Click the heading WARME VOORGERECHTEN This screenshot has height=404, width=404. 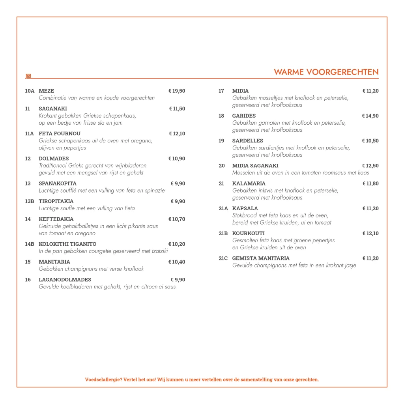326,72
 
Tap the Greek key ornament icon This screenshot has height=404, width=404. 28,76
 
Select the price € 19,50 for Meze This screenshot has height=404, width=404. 177,91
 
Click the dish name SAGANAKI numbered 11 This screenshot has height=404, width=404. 53,109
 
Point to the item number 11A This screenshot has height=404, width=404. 30,134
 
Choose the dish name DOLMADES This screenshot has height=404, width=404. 54,159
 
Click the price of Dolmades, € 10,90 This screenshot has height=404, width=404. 177,159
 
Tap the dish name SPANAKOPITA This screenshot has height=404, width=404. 58,183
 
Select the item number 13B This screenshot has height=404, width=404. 30,201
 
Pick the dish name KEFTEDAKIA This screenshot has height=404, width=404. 56,219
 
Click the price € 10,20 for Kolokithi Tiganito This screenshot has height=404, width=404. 177,244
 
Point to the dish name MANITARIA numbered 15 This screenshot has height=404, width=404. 54,262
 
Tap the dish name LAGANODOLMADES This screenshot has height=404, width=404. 65,280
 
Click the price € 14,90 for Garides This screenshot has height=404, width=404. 370,116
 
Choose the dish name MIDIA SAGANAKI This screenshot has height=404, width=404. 255,166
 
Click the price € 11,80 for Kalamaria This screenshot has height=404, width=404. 370,183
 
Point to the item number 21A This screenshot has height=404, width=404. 223,208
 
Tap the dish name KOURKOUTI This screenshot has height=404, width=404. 249,233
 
